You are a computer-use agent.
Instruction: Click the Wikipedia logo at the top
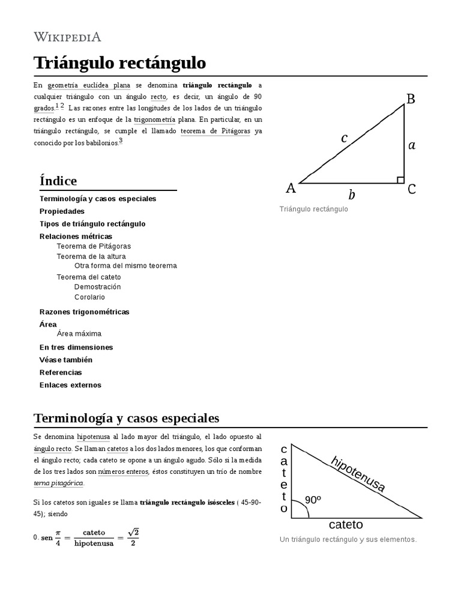67,37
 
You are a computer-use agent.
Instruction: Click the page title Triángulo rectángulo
119,62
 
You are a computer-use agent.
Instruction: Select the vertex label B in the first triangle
411,99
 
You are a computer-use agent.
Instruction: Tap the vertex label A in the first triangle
291,189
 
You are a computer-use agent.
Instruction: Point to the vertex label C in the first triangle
412,189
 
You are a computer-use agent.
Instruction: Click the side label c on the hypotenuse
344,138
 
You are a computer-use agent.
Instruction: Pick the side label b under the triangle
352,195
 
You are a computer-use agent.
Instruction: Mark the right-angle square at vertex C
400,180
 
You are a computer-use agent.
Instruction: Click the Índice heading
58,181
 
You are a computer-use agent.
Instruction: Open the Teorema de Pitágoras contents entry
93,246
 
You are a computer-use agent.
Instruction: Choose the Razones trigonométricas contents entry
84,312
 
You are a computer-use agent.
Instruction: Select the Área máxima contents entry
79,333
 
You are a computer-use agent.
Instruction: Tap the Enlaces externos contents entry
70,385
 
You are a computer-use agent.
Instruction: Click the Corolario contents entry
89,297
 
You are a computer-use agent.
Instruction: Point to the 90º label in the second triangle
313,500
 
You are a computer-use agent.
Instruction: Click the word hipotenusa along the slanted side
358,475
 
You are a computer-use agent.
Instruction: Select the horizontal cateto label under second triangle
346,524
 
